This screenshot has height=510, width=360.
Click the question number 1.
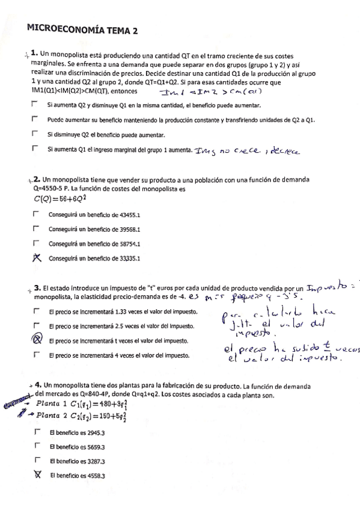pyautogui.click(x=35, y=53)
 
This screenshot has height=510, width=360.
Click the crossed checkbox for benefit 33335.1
pyautogui.click(x=37, y=259)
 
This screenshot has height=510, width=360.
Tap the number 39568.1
pyautogui.click(x=127, y=229)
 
